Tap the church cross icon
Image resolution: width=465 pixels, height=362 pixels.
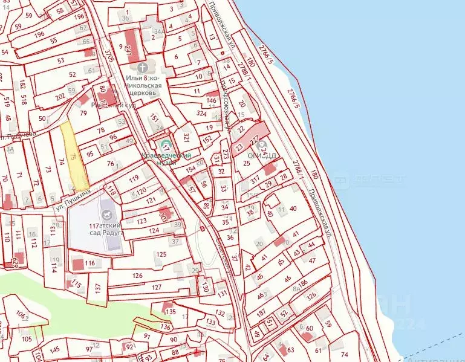142,66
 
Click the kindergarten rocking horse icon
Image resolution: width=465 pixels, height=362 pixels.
108,213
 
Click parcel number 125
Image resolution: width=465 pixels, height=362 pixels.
160,254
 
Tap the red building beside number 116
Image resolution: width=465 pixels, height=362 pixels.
77,264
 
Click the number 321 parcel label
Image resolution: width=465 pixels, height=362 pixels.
187,137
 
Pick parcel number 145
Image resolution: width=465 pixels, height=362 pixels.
54,350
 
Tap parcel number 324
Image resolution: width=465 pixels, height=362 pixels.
203,112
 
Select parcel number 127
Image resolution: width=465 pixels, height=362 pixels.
157,287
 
